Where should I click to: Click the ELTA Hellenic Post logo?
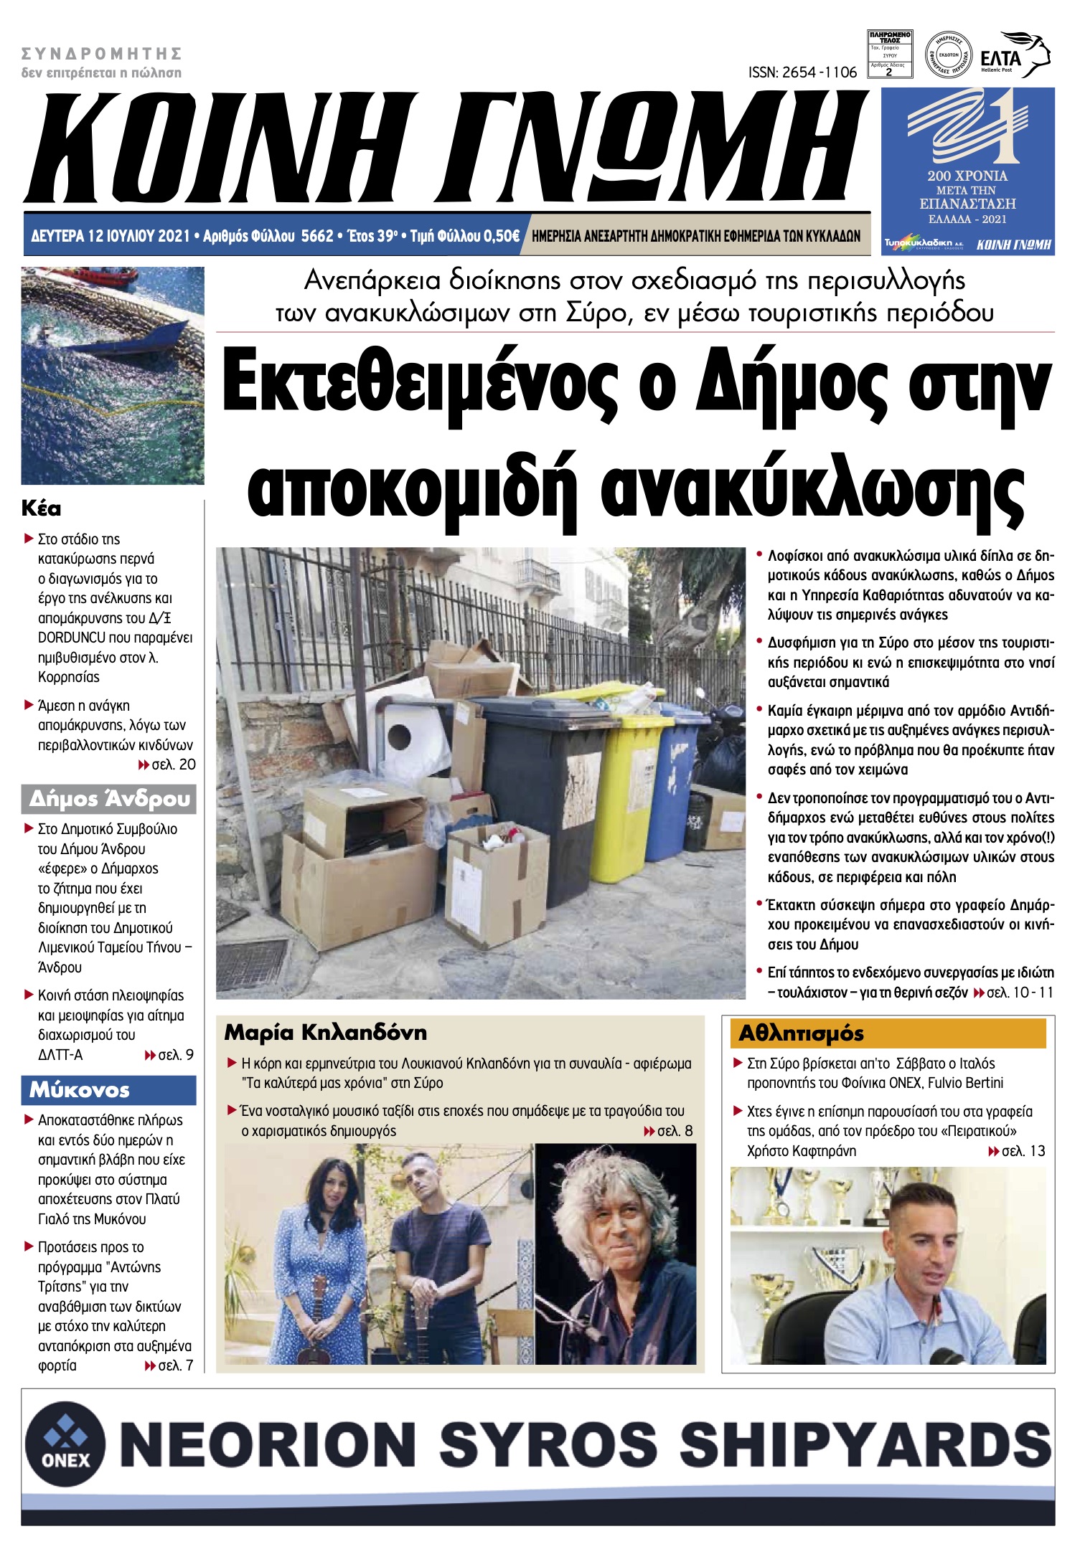pyautogui.click(x=1023, y=56)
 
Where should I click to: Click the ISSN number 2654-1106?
pyautogui.click(x=802, y=72)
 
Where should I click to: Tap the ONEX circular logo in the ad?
pyautogui.click(x=65, y=1442)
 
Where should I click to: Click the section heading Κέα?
pyautogui.click(x=41, y=509)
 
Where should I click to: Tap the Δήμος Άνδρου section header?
pyautogui.click(x=109, y=799)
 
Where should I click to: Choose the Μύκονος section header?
pyautogui.click(x=80, y=1090)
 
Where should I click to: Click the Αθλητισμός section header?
pyautogui.click(x=801, y=1033)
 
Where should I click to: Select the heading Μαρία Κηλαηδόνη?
pyautogui.click(x=325, y=1033)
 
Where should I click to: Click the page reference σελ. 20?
pyautogui.click(x=173, y=764)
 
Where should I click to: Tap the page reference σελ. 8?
pyautogui.click(x=675, y=1131)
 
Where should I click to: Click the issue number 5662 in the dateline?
pyautogui.click(x=317, y=236)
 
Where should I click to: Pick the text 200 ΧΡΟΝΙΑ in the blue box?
pyautogui.click(x=967, y=176)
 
